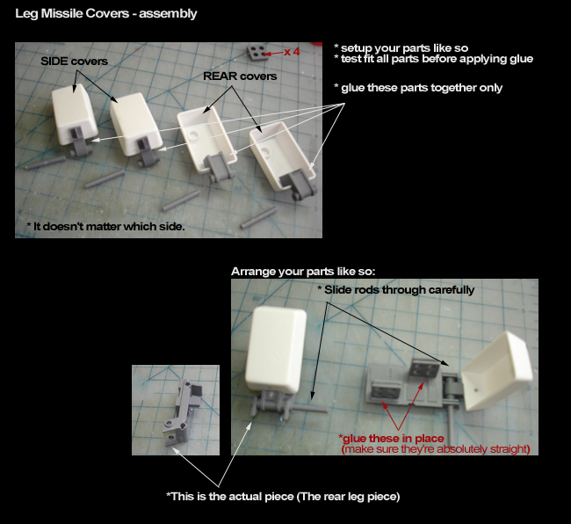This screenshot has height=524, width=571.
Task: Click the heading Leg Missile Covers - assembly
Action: coord(106,13)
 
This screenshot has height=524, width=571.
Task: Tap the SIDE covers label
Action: coord(75,62)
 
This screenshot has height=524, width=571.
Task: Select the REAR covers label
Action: coord(240,76)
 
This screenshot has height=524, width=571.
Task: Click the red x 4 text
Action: coord(292,52)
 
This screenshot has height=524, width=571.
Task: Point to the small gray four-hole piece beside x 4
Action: coord(257,52)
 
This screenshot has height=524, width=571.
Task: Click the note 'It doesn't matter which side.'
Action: coord(106,226)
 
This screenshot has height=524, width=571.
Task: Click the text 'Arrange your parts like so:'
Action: coord(303,272)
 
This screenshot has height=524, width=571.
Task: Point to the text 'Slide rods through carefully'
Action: coord(396,289)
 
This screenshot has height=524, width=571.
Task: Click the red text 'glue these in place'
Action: coord(391,438)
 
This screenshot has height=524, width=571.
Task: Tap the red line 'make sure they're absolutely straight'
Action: coord(436,449)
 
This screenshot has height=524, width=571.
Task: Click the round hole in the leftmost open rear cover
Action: coord(193,134)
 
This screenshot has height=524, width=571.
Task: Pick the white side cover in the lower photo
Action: coord(276,349)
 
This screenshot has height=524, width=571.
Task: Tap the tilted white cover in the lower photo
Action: coord(496,370)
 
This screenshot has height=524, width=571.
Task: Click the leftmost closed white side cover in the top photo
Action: coord(75,113)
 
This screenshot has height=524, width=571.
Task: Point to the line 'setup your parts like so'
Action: coord(401,48)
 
